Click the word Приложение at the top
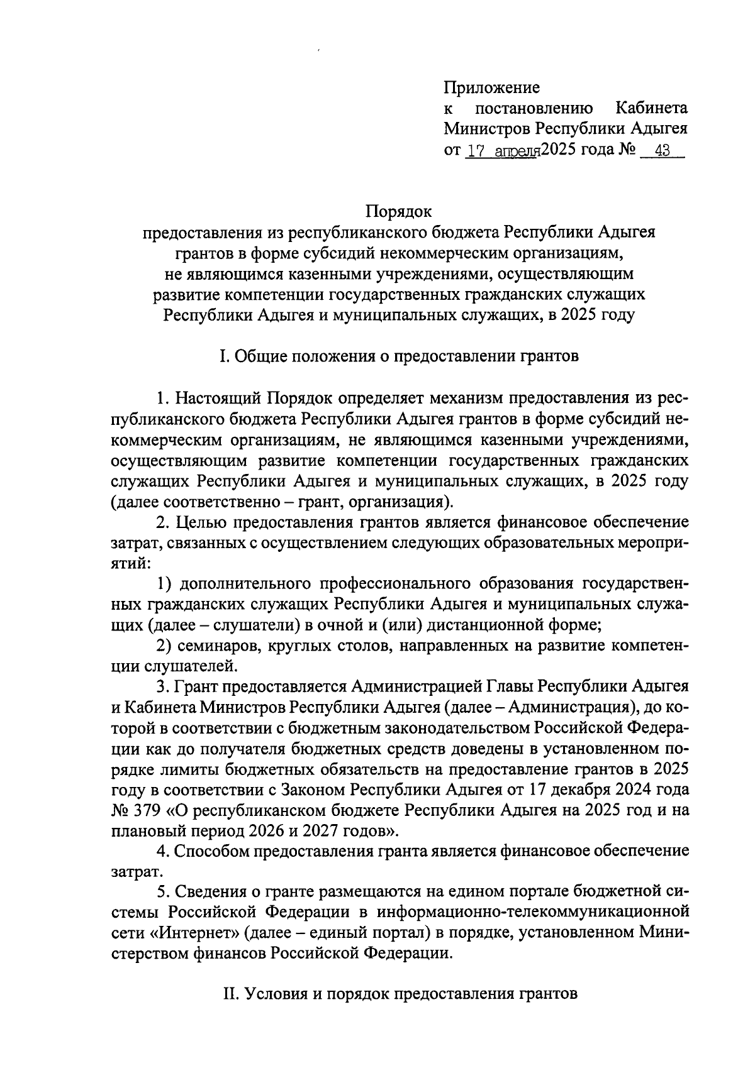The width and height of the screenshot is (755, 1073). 491,87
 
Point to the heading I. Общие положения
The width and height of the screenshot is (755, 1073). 399,356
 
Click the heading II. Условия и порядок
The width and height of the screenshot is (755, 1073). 399,994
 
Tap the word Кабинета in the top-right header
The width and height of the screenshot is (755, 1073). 651,108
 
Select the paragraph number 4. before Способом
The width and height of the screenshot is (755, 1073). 162,851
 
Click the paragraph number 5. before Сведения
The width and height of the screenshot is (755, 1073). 162,891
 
